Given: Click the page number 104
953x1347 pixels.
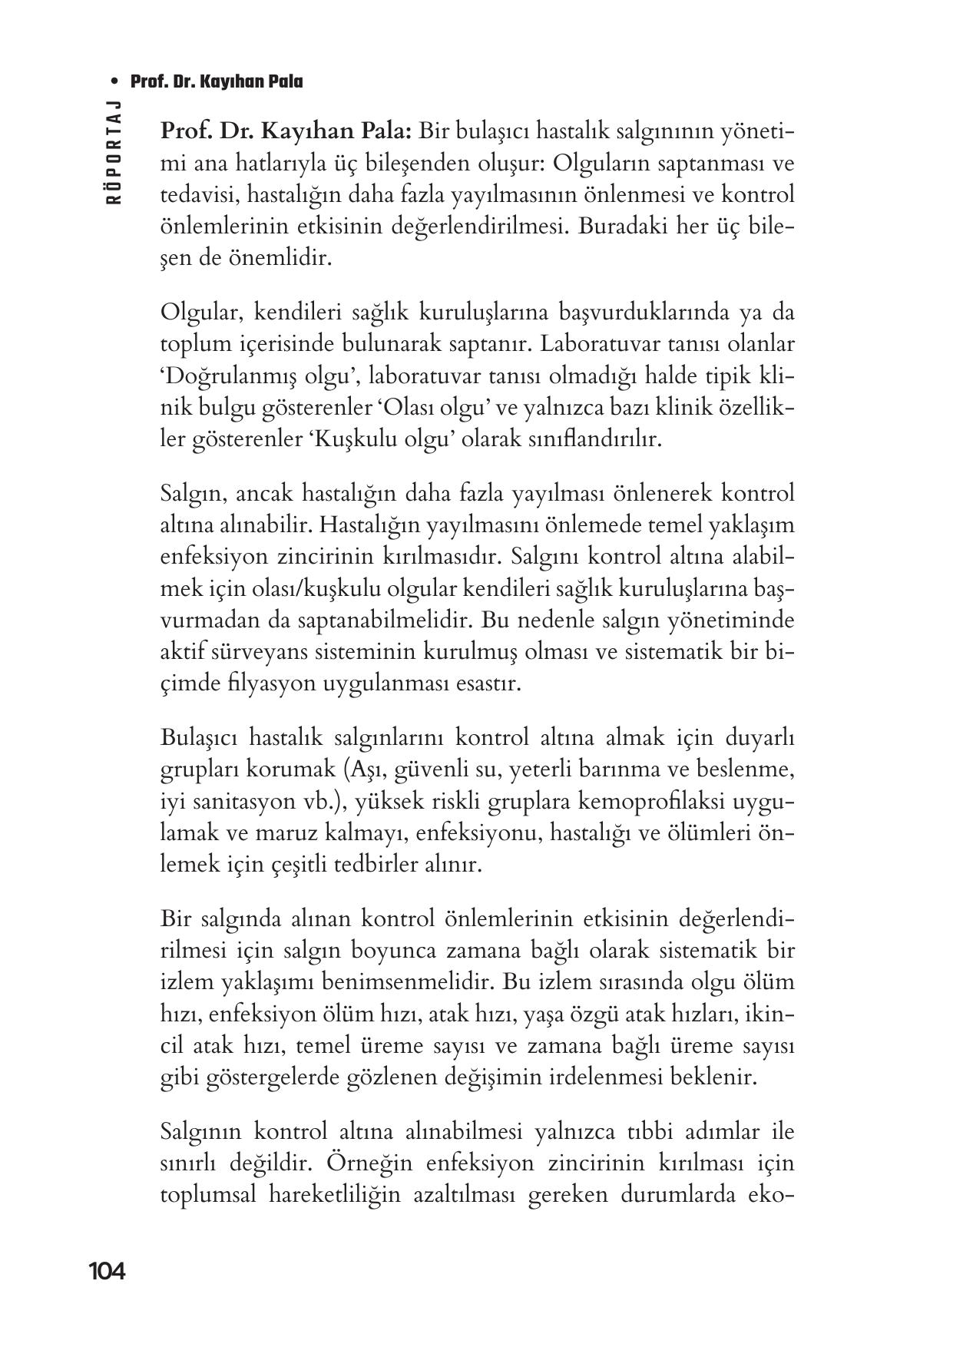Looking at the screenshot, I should (x=106, y=1272).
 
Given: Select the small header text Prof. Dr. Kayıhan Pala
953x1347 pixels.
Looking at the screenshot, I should (x=217, y=81).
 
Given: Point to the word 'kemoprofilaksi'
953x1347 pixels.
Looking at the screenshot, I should (x=650, y=801).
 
